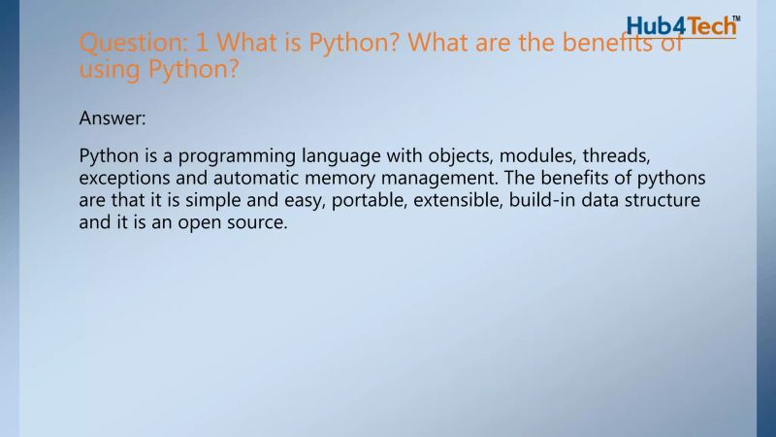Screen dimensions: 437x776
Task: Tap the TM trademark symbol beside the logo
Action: tap(734, 17)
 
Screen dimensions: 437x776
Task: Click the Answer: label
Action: tap(113, 118)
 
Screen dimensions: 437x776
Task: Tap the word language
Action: tap(335, 157)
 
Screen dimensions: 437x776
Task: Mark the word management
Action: tap(457, 180)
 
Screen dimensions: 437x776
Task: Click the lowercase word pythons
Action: tap(674, 180)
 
